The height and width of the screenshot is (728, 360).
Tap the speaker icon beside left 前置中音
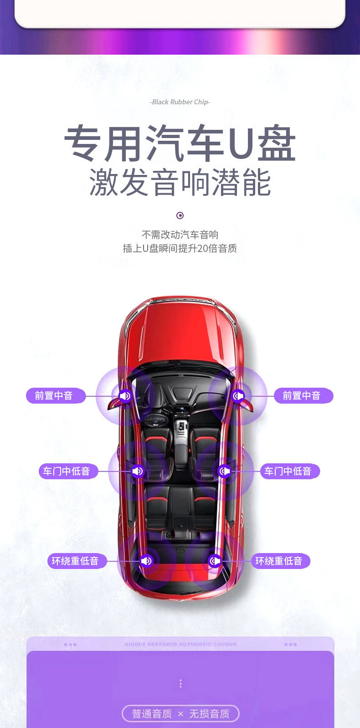tap(125, 396)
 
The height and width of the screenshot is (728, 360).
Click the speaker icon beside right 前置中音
tap(237, 396)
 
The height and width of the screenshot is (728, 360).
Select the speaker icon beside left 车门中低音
tap(137, 471)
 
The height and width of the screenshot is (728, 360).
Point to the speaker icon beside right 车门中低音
tap(225, 471)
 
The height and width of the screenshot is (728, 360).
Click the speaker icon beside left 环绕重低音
tap(146, 561)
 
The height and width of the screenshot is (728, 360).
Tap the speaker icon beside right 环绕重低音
tap(215, 561)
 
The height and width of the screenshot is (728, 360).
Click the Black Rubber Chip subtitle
tap(180, 102)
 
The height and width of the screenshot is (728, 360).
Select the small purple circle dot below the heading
tap(180, 215)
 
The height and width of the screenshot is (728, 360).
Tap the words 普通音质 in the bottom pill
tap(152, 714)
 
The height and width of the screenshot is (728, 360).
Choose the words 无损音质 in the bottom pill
tap(209, 714)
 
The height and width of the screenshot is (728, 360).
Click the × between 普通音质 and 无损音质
tap(180, 714)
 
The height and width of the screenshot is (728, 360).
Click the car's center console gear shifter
tap(181, 428)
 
